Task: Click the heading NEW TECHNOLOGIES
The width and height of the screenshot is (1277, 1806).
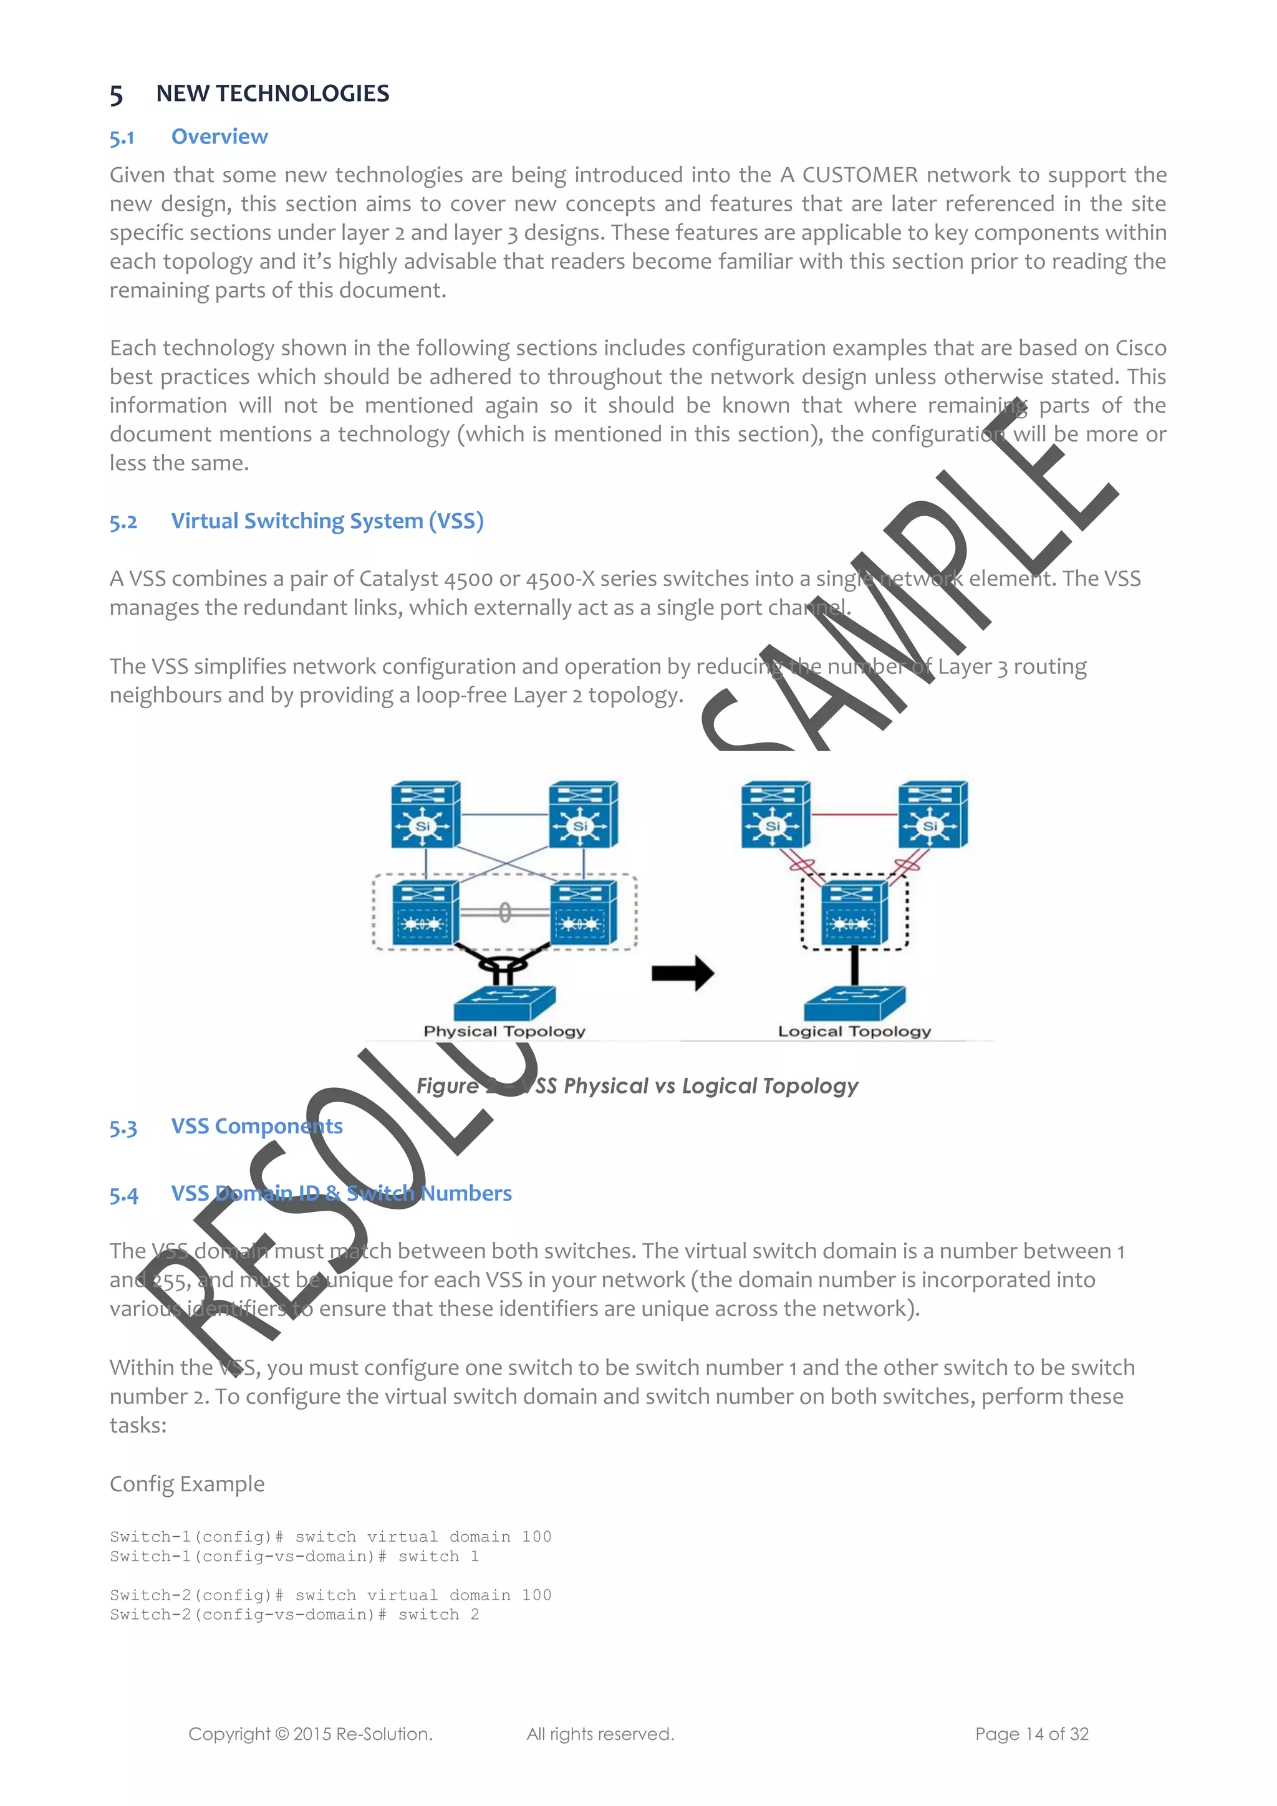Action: pyautogui.click(x=272, y=94)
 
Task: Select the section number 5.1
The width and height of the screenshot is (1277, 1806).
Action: pyautogui.click(x=122, y=138)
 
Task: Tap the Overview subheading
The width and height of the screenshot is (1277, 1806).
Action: pyautogui.click(x=219, y=137)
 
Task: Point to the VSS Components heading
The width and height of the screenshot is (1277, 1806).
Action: pyautogui.click(x=256, y=1126)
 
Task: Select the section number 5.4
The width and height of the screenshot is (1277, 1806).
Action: pyautogui.click(x=123, y=1195)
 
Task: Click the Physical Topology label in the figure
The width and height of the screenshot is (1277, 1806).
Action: pyautogui.click(x=504, y=1031)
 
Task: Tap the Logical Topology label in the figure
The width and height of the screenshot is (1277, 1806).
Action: pyautogui.click(x=854, y=1031)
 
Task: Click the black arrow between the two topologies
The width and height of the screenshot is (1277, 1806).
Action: pyautogui.click(x=682, y=973)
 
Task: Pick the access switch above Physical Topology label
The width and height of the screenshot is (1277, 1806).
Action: pyautogui.click(x=504, y=1003)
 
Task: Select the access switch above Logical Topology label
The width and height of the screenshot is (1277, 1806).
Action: pyautogui.click(x=854, y=1003)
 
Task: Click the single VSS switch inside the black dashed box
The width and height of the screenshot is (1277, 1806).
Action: pyautogui.click(x=854, y=913)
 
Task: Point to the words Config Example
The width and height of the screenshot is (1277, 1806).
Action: pyautogui.click(x=187, y=1484)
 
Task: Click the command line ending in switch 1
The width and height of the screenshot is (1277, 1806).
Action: pyautogui.click(x=294, y=1557)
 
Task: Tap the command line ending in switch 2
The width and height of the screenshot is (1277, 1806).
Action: pyautogui.click(x=294, y=1615)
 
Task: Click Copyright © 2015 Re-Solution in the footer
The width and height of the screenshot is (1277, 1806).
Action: pyautogui.click(x=310, y=1734)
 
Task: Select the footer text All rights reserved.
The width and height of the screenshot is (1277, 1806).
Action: pyautogui.click(x=600, y=1734)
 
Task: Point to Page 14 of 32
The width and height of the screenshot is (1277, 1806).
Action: pyautogui.click(x=1031, y=1734)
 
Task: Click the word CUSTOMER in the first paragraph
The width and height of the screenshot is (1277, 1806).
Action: pyautogui.click(x=860, y=175)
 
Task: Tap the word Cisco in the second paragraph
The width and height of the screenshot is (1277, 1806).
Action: pyautogui.click(x=1140, y=348)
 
